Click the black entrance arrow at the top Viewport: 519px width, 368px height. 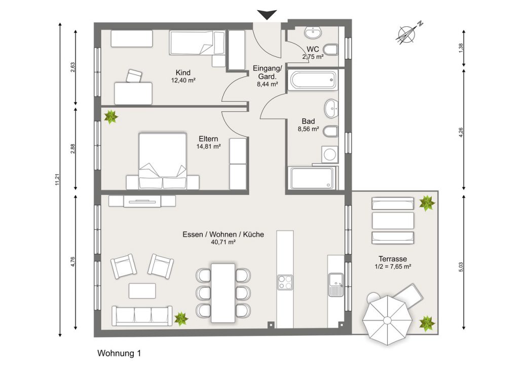(267, 15)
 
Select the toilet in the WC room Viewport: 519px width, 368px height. (331, 50)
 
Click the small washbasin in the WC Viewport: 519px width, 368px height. (313, 32)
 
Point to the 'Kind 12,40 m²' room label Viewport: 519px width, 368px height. (183, 76)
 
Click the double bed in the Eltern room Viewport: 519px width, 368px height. (163, 161)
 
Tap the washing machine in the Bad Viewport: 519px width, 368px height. (329, 154)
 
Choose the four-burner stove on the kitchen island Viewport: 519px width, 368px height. (285, 282)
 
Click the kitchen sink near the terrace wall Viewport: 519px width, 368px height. (336, 285)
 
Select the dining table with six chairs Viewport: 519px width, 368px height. (223, 293)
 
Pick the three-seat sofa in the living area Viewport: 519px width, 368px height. (142, 316)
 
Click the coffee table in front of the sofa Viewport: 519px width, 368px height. (142, 291)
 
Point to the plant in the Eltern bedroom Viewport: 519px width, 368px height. (111, 117)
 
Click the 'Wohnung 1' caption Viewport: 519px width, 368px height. (119, 353)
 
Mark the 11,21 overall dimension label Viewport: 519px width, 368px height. (57, 180)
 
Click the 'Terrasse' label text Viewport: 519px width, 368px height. (393, 259)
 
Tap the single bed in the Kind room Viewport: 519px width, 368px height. (197, 43)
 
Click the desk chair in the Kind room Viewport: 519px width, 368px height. (134, 76)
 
